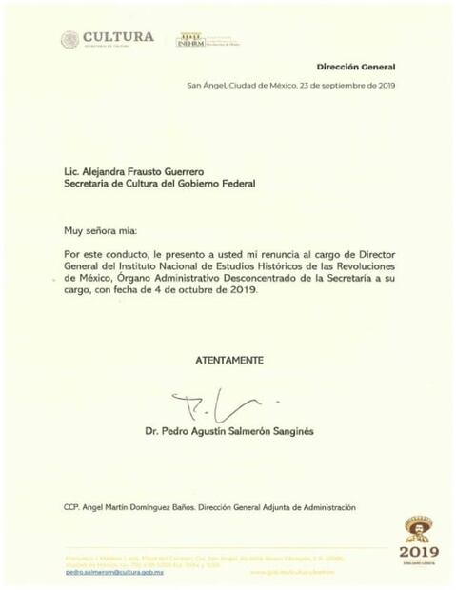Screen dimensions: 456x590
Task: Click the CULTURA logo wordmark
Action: [118, 37]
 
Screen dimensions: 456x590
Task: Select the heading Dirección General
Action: [356, 69]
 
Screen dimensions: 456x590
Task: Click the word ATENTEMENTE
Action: [228, 360]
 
